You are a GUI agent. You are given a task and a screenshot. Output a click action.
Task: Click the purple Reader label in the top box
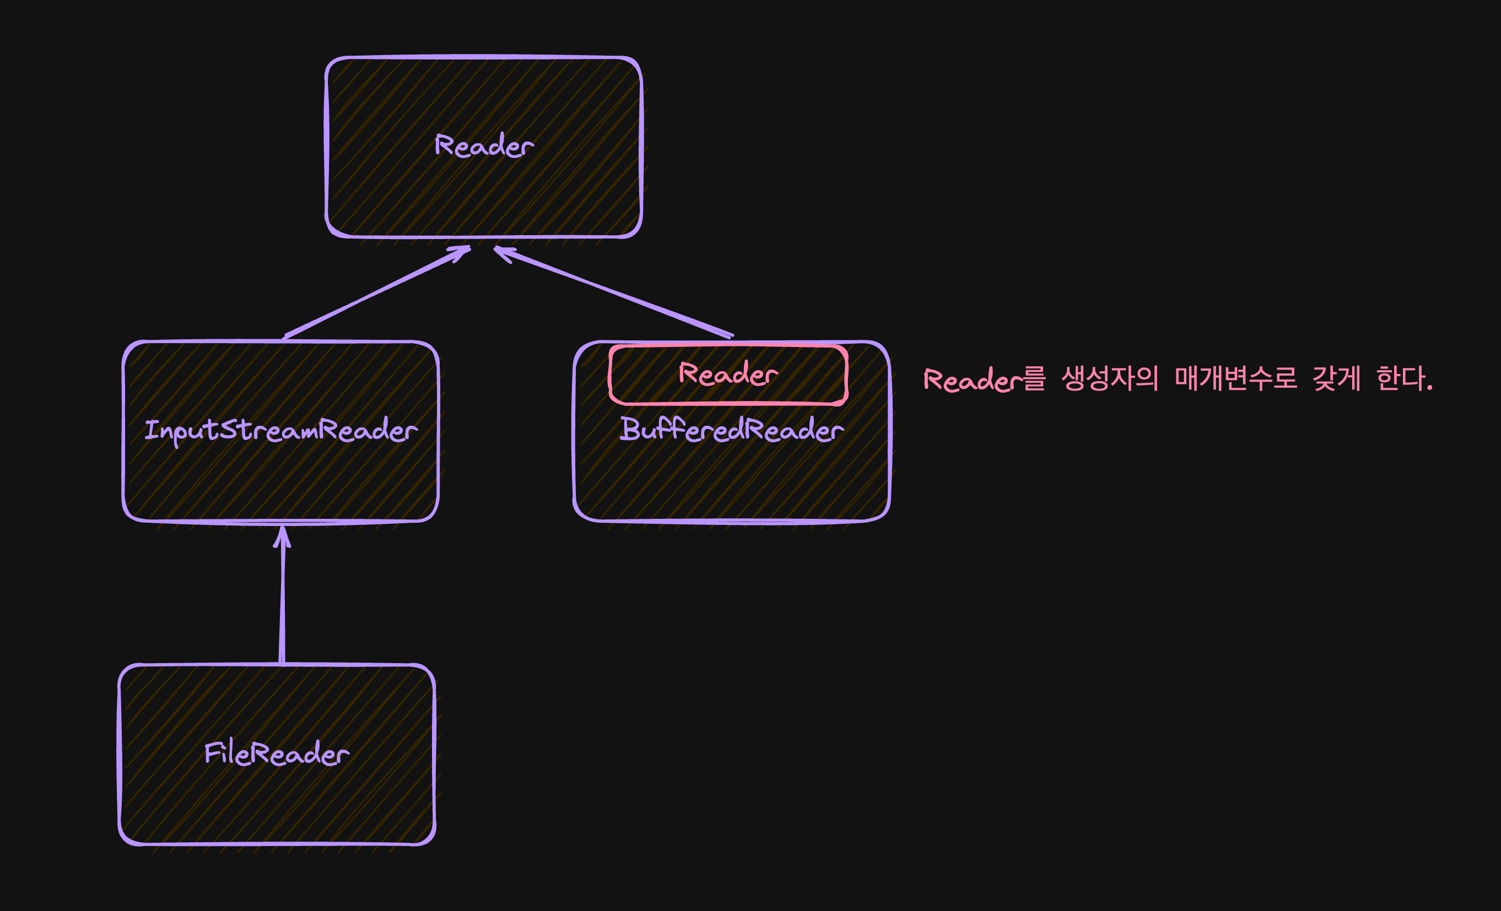[x=484, y=146]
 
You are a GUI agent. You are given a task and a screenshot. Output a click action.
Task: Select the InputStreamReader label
[x=281, y=431]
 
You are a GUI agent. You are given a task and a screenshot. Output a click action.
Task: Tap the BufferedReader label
[x=732, y=430]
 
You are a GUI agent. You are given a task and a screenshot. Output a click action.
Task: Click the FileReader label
[x=277, y=753]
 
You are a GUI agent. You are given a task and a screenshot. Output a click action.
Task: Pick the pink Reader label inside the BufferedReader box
[x=728, y=374]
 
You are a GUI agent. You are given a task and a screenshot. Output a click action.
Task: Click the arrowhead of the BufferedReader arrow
[x=503, y=252]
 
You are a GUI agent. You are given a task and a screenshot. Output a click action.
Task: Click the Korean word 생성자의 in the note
[x=1109, y=379]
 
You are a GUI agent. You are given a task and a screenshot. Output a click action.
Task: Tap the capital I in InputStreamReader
[x=152, y=430]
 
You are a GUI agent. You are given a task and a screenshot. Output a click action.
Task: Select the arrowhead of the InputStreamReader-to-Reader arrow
[x=462, y=252]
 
